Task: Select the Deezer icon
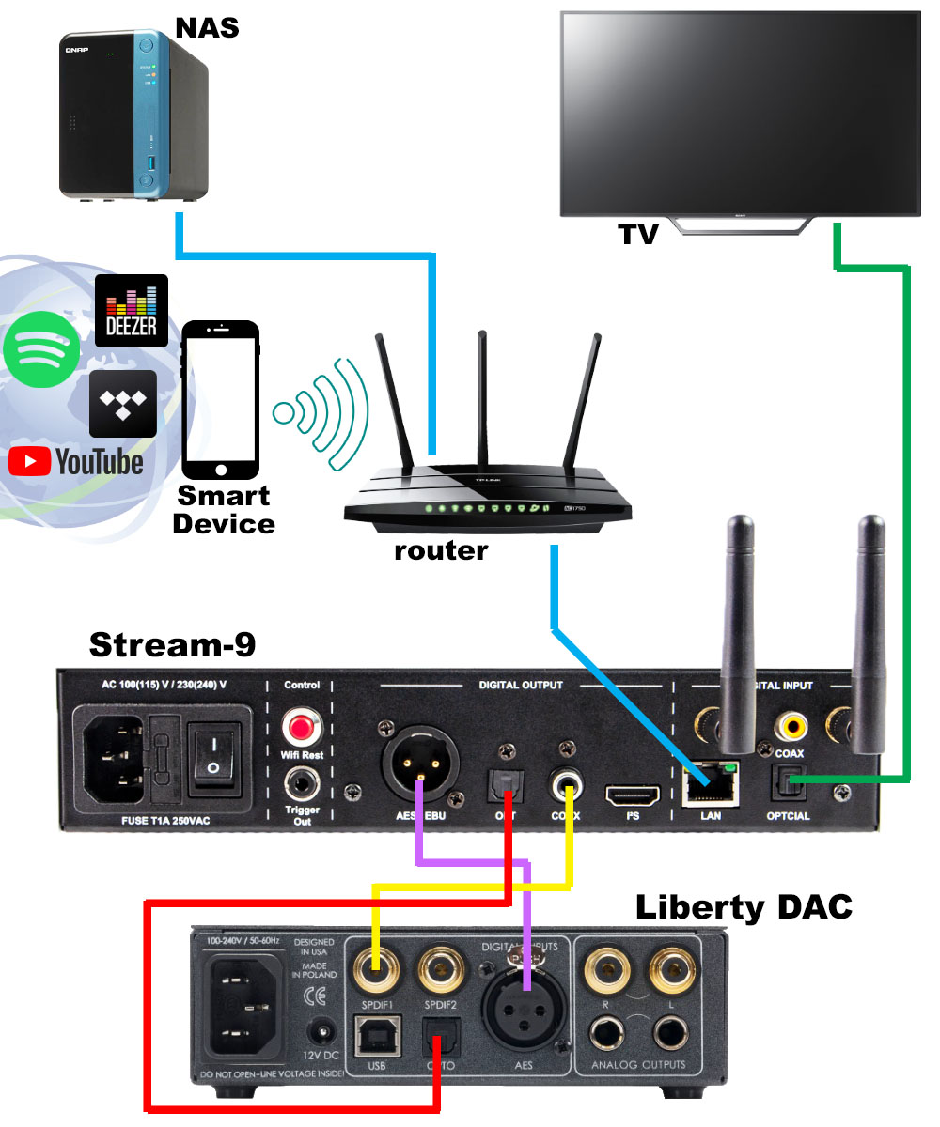(x=132, y=310)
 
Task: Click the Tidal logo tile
(x=123, y=403)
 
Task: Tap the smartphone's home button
(x=221, y=470)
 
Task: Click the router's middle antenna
(x=483, y=394)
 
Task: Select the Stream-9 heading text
(x=172, y=645)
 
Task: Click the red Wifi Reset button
(x=302, y=725)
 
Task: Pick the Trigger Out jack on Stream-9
(x=302, y=781)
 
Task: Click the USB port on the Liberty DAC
(x=375, y=1038)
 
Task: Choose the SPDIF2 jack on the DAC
(x=441, y=967)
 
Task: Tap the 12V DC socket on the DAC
(x=325, y=1033)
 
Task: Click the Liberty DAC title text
(x=744, y=907)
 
